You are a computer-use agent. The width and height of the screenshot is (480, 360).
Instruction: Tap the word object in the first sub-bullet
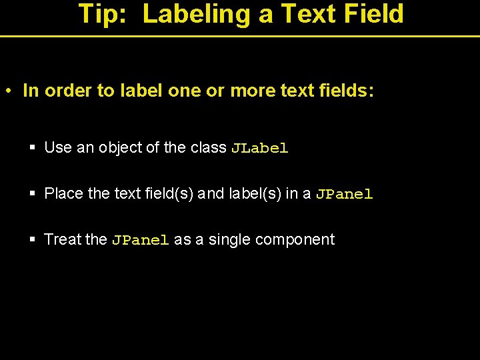pos(121,148)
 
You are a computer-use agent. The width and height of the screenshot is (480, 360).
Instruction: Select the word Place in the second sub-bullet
pos(63,194)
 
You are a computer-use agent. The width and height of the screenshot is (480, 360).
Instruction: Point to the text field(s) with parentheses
pos(166,194)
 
